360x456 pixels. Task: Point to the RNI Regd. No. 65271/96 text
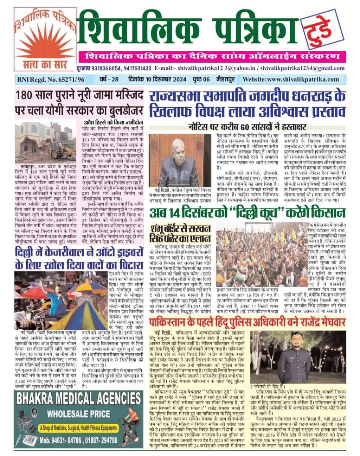[51, 79]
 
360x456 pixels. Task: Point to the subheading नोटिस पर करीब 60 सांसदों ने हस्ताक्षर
[247, 127]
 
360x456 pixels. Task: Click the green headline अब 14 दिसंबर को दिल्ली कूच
[247, 213]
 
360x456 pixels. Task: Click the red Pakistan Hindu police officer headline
[247, 322]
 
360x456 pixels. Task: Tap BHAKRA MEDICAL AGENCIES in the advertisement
[78, 399]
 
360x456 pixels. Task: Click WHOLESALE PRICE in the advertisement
[79, 413]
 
